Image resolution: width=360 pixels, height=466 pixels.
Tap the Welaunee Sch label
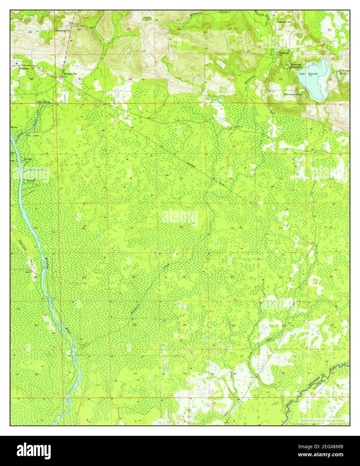pos(285,22)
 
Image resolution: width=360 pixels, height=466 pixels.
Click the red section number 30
pos(79,30)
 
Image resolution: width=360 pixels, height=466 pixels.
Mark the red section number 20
pos(134,277)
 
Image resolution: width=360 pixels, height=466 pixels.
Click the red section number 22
pos(233,277)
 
